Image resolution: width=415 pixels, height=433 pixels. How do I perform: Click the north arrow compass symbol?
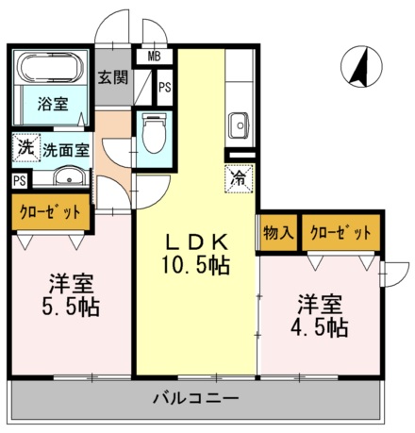(361, 67)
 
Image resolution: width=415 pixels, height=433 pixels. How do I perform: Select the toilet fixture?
(154, 133)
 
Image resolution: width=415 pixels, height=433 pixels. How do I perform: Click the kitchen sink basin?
(239, 125)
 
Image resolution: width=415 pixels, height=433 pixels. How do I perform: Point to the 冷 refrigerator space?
(239, 178)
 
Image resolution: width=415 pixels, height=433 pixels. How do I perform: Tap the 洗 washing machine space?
(26, 148)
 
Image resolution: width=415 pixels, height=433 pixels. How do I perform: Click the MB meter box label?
(154, 57)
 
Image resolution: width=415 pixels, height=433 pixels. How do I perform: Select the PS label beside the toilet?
(165, 87)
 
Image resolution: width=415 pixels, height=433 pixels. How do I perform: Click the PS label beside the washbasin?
(20, 181)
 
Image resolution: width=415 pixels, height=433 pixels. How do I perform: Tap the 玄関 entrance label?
(113, 77)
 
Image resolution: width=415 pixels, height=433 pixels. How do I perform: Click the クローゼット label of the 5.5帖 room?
(50, 212)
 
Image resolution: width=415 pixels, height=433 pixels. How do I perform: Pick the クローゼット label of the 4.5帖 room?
(340, 233)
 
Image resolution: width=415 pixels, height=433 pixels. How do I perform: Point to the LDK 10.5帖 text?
(196, 255)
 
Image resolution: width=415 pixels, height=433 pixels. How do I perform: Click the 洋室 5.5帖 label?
(71, 296)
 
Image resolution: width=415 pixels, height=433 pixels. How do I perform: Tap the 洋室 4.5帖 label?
(319, 316)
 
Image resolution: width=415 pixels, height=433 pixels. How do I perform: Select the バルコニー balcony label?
(195, 399)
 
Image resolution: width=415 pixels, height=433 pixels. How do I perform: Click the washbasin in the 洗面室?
(70, 176)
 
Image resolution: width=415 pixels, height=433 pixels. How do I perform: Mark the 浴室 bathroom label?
(53, 104)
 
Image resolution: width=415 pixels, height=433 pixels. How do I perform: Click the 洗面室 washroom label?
(66, 150)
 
